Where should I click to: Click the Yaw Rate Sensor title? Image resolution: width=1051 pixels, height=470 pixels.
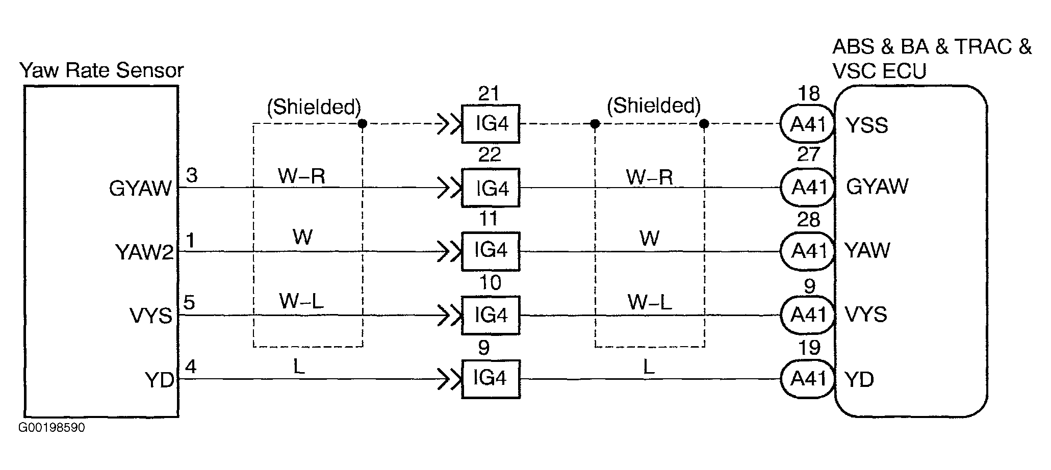[101, 70]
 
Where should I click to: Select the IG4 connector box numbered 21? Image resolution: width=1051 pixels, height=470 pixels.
[491, 124]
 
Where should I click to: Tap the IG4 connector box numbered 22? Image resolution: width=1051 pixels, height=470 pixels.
[491, 188]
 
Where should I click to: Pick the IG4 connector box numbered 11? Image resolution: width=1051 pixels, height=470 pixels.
[491, 251]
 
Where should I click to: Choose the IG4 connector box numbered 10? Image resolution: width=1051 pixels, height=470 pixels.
[491, 315]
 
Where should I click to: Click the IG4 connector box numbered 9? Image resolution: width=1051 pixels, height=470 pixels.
[491, 379]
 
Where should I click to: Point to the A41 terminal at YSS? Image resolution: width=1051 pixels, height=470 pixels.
[808, 124]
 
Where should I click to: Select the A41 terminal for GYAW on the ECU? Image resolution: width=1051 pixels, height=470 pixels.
[808, 188]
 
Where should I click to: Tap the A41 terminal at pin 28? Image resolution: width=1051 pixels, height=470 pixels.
[808, 251]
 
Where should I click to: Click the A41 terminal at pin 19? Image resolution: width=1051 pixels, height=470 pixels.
[808, 379]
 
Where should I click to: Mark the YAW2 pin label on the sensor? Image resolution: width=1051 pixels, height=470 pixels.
[144, 252]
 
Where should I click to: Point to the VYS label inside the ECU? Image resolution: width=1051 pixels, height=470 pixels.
[866, 315]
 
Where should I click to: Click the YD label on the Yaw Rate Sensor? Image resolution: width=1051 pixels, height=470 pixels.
[160, 380]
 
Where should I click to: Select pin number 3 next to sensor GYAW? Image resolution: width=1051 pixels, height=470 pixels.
[191, 175]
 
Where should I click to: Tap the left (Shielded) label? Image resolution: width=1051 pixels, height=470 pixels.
[314, 107]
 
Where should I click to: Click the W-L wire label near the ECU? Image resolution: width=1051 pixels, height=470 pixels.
[649, 303]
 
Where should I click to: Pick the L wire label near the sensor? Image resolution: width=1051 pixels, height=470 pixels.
[299, 367]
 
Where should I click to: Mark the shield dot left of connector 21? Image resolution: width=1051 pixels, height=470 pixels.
[362, 124]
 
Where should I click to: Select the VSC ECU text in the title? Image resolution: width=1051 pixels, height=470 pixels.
[879, 72]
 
